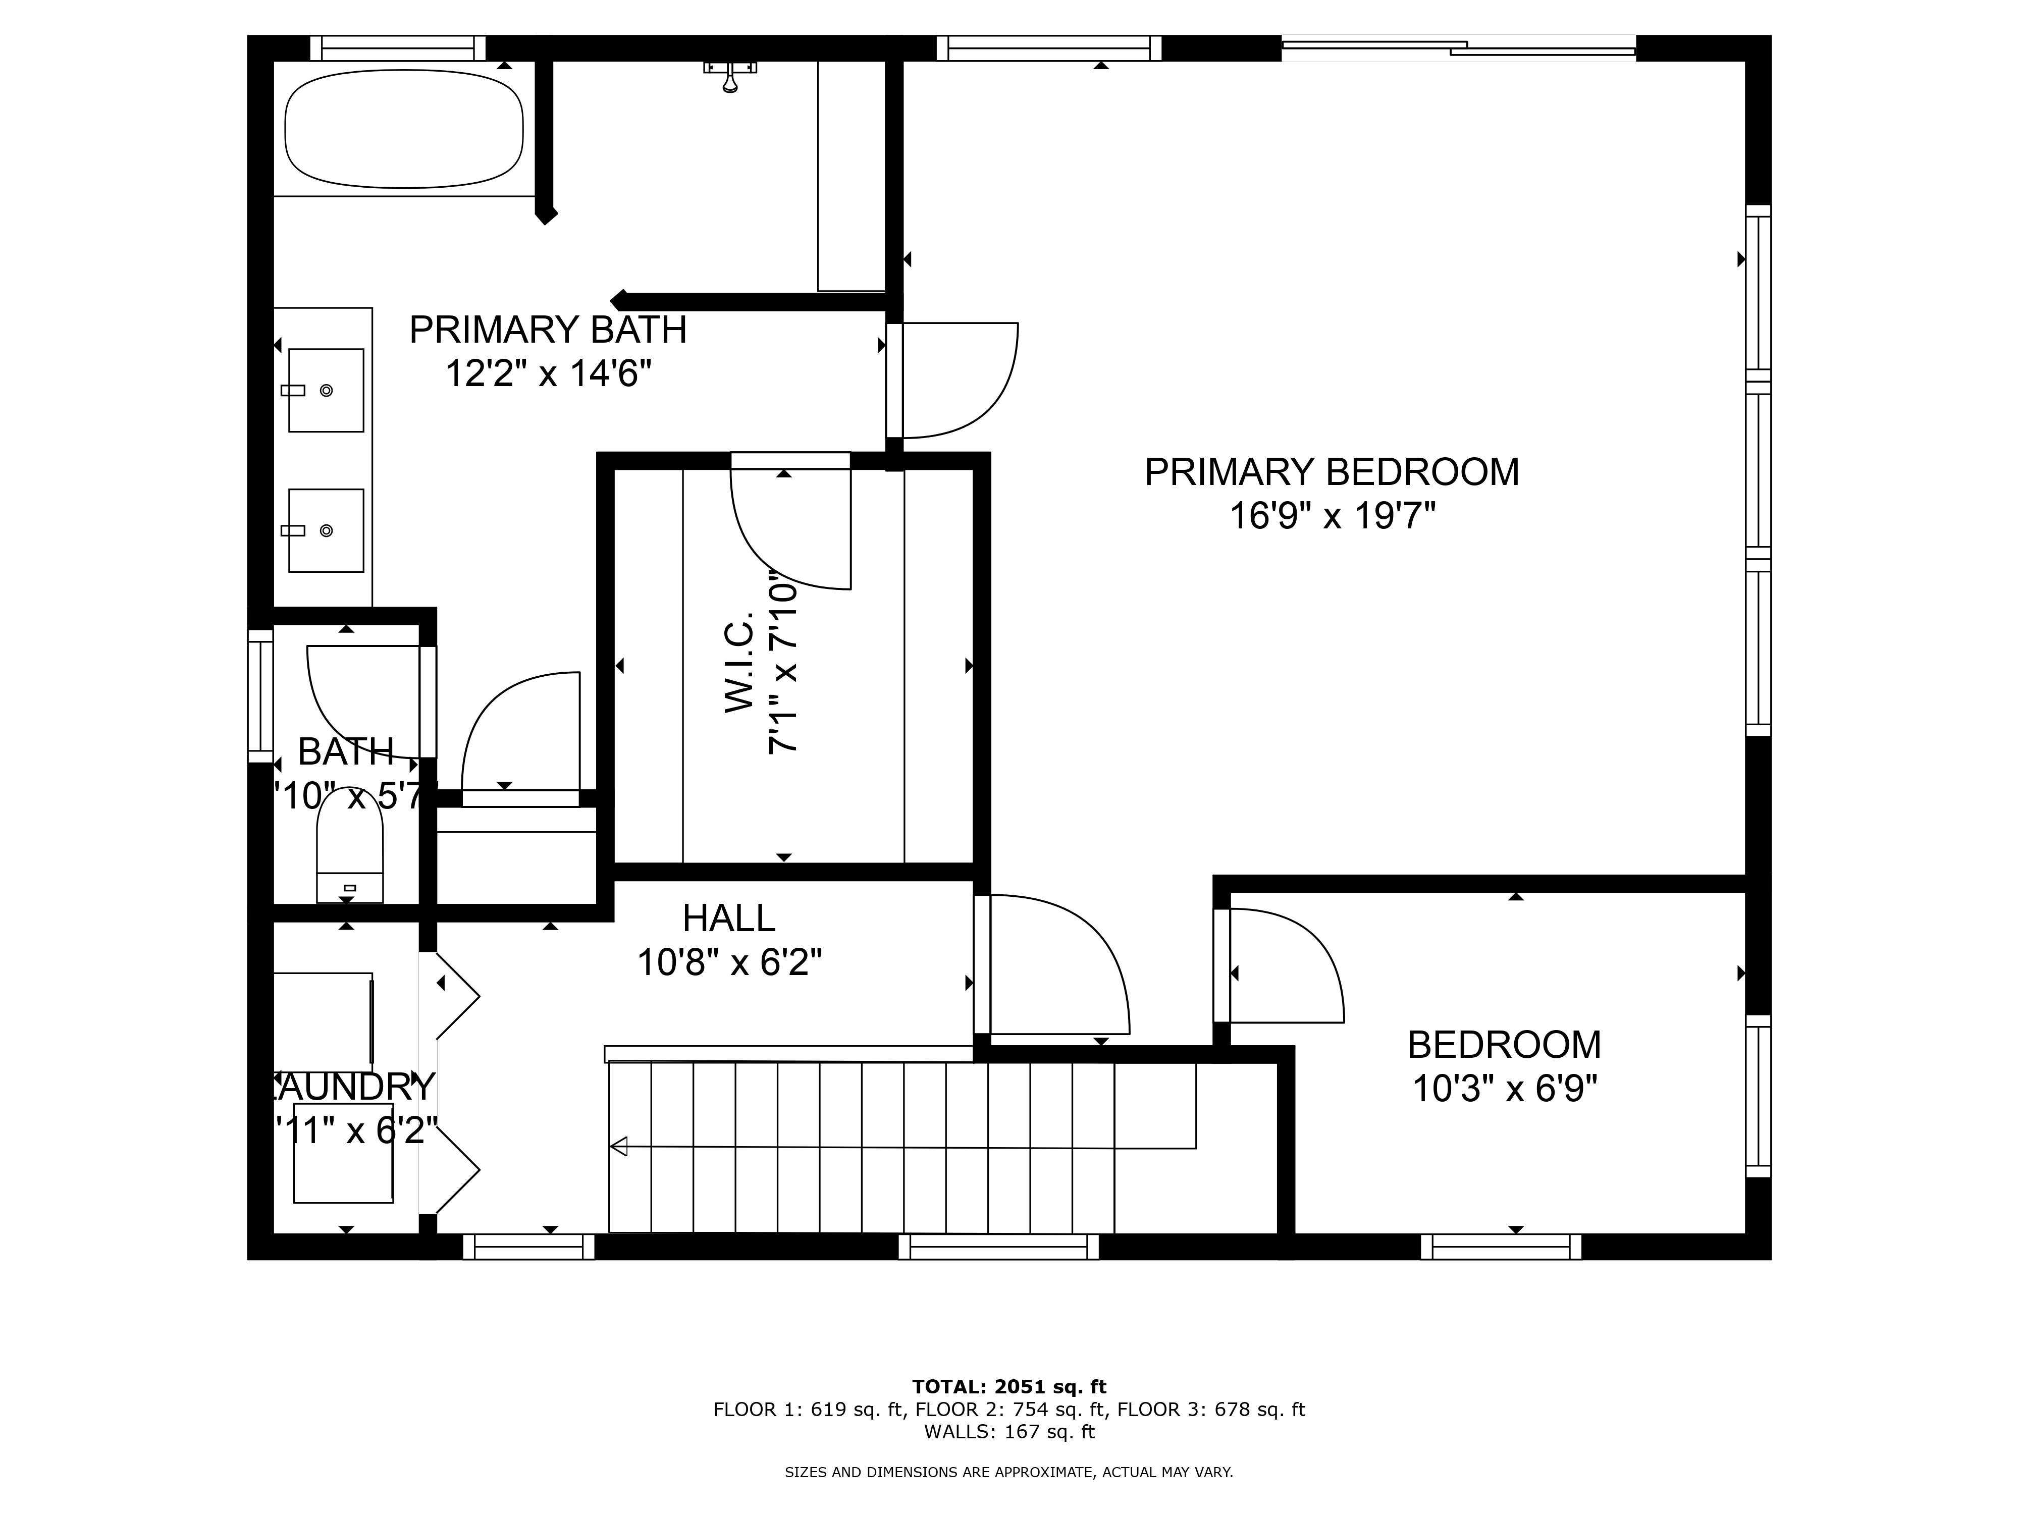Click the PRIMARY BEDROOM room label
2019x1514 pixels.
1331,472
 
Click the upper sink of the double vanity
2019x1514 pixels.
326,390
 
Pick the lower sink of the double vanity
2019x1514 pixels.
326,530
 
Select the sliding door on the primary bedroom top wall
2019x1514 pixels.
1458,48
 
